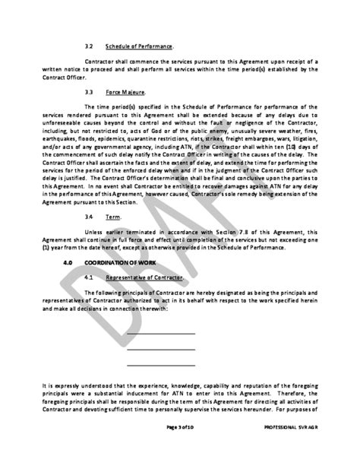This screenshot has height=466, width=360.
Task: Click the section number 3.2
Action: (x=88, y=46)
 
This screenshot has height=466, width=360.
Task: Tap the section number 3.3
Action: (x=88, y=92)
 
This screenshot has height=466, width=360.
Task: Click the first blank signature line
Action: (x=160, y=334)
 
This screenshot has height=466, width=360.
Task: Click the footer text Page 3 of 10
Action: (x=182, y=450)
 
